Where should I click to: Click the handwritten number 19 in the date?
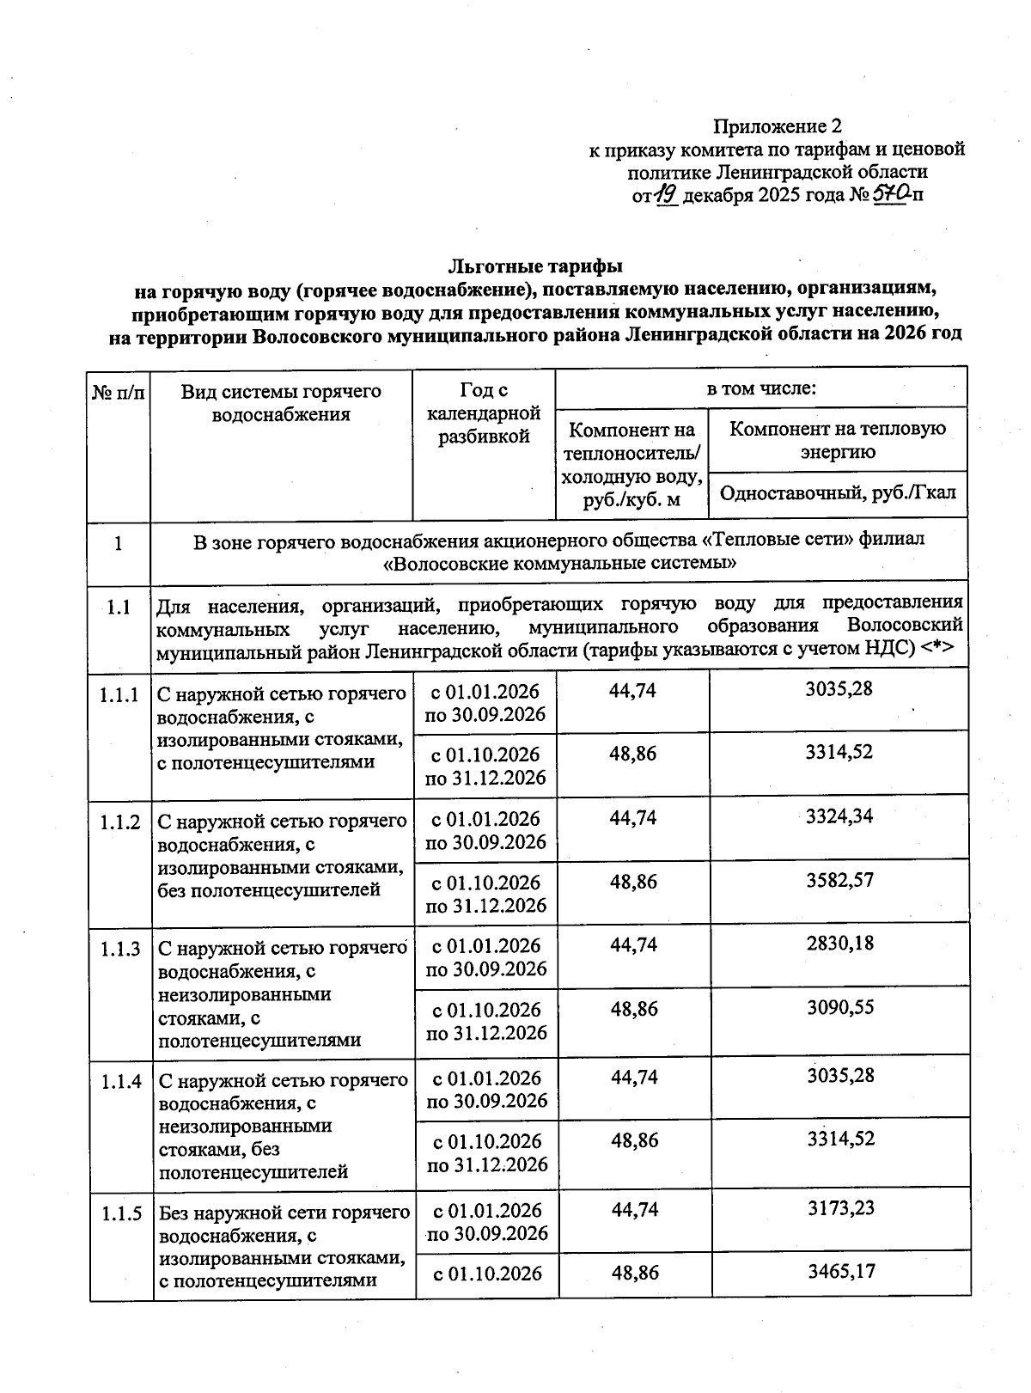click(x=668, y=196)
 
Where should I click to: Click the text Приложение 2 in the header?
click(x=778, y=126)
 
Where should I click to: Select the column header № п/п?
click(x=119, y=393)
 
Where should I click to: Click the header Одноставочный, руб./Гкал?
click(x=838, y=493)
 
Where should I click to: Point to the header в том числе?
click(x=760, y=388)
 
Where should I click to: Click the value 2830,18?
click(x=839, y=944)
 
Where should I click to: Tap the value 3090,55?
click(x=839, y=1007)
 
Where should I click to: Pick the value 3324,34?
click(x=839, y=816)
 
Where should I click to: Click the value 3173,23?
click(x=840, y=1208)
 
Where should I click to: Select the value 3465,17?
click(x=840, y=1271)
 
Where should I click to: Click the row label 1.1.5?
click(x=120, y=1214)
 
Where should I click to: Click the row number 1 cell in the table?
click(x=119, y=543)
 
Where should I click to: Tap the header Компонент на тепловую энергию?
click(x=838, y=440)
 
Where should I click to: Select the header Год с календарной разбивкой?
click(x=484, y=413)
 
